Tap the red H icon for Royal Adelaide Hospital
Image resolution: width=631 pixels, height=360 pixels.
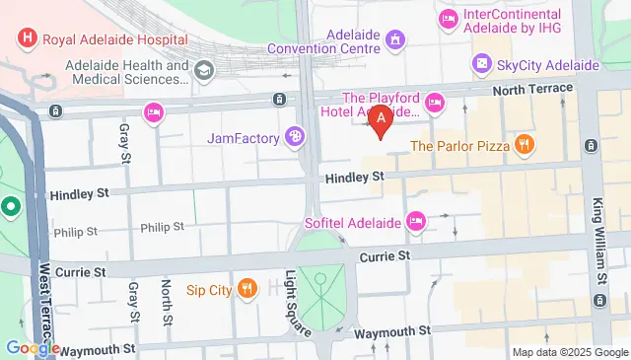[27, 38]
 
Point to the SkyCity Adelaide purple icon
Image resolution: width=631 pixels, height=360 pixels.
[482, 64]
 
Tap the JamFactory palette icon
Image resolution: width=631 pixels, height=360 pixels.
[294, 137]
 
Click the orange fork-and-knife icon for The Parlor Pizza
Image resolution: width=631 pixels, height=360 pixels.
[525, 145]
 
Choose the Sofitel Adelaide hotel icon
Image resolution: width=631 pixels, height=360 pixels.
[416, 221]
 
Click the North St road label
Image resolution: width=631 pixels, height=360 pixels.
[167, 301]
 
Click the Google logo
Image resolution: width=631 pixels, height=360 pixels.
[32, 348]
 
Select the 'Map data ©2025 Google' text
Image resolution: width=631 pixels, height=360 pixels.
[568, 352]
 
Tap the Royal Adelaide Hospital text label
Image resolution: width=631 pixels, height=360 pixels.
[108, 38]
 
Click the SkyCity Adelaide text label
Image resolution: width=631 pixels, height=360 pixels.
[549, 64]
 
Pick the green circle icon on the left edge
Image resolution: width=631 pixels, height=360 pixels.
[11, 207]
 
